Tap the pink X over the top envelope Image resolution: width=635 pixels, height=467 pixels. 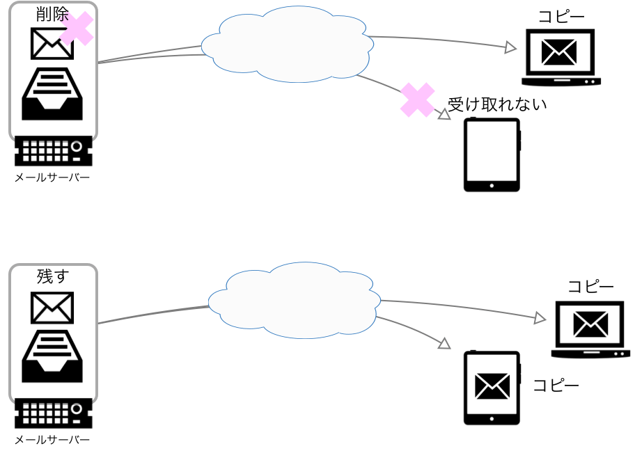77,29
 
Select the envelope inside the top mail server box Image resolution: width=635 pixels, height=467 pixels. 51,44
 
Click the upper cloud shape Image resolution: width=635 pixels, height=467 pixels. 288,44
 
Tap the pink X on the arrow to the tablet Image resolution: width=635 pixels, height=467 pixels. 417,100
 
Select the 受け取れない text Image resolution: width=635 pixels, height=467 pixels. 496,105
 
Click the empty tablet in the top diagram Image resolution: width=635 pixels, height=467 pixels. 492,155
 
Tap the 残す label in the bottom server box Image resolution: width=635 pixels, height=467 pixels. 53,276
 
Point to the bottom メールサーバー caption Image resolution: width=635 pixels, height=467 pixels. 52,440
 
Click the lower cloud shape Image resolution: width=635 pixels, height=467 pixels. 294,300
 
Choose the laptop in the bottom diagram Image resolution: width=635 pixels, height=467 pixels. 590,329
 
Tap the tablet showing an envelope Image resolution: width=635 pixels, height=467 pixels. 492,387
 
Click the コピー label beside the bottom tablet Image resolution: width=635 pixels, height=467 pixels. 556,386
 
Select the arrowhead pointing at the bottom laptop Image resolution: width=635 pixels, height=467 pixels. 539,318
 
